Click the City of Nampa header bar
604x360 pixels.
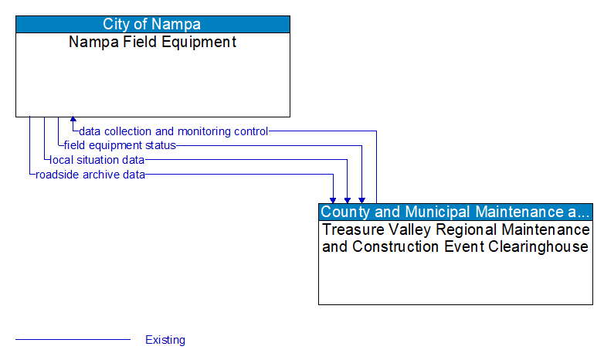[x=153, y=24]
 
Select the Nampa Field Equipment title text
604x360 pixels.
[x=153, y=42]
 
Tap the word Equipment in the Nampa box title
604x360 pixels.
[x=202, y=42]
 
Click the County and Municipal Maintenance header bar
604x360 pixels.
[x=456, y=212]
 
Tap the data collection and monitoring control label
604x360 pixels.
[x=174, y=131]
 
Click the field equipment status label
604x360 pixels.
[x=120, y=145]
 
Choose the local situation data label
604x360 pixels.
[x=97, y=160]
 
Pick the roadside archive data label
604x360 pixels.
[x=90, y=175]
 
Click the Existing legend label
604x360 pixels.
[x=165, y=340]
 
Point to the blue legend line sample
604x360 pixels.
[x=73, y=340]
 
